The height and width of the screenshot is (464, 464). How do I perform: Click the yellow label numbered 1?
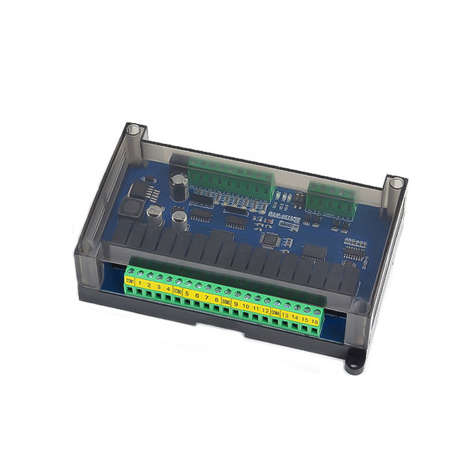tap(139, 284)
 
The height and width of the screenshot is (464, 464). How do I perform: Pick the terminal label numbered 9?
tap(236, 303)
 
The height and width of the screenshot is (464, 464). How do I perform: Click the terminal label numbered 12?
tap(265, 310)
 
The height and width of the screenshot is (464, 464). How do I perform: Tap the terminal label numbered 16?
tap(315, 321)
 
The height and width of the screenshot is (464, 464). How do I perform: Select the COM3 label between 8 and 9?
tap(226, 301)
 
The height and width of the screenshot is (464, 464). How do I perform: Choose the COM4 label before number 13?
tap(275, 312)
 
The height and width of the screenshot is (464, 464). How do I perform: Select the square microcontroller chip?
tap(271, 239)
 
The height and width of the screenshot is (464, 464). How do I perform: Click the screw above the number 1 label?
tap(140, 274)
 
